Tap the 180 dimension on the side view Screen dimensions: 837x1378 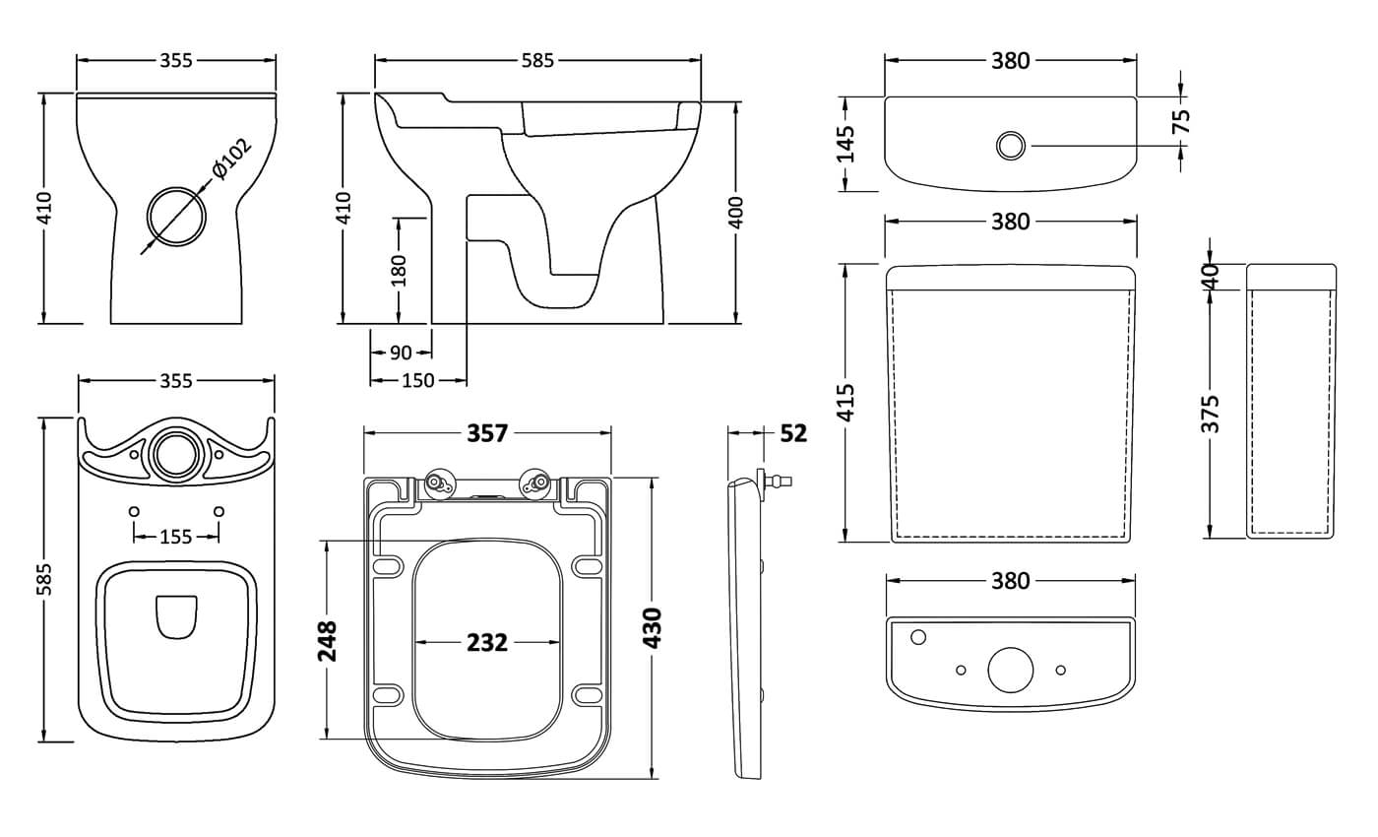[398, 269]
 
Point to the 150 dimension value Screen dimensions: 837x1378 [418, 380]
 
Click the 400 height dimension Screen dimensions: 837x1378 [736, 212]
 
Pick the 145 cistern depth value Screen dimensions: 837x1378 [846, 144]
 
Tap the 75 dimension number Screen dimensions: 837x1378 [1182, 119]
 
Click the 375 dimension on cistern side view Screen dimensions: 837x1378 [1211, 414]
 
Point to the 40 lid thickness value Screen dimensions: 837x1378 [1211, 276]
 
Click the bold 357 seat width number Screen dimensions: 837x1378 [487, 433]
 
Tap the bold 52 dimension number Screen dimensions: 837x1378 [793, 433]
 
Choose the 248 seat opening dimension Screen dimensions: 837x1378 [328, 640]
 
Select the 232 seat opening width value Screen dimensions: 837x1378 [487, 643]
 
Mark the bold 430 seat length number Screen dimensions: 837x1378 [653, 627]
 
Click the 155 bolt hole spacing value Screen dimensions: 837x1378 [176, 537]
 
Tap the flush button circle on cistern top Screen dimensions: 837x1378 [1010, 146]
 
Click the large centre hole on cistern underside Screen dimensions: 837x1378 [1010, 670]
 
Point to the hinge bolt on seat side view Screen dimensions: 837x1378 [779, 482]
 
